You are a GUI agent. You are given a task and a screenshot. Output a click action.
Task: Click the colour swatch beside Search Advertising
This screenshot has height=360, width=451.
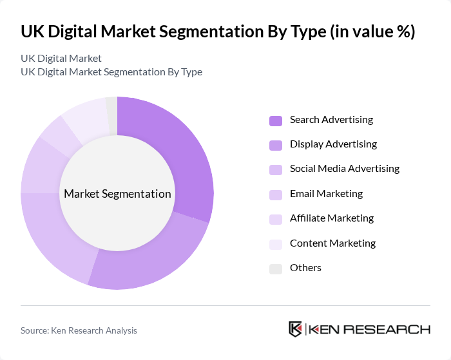276,120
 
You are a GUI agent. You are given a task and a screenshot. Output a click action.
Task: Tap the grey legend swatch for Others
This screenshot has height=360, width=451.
276,269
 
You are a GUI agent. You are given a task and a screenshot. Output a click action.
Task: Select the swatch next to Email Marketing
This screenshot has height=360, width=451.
276,194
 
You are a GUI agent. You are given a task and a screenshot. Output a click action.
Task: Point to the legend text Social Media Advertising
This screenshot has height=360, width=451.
344,169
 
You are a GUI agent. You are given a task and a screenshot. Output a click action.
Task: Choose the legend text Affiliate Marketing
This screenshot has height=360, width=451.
331,218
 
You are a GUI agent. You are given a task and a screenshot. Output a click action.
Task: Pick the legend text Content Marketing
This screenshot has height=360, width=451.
332,243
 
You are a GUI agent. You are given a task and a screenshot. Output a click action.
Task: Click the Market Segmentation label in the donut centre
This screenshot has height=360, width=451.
117,194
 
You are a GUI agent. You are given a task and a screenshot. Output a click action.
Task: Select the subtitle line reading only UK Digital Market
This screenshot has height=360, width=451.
61,59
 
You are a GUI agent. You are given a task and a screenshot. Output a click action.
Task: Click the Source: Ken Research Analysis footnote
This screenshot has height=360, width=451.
79,330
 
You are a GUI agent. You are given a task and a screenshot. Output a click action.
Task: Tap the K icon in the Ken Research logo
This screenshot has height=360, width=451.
295,329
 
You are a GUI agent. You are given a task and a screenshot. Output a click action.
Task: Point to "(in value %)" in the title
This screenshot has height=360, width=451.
371,32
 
